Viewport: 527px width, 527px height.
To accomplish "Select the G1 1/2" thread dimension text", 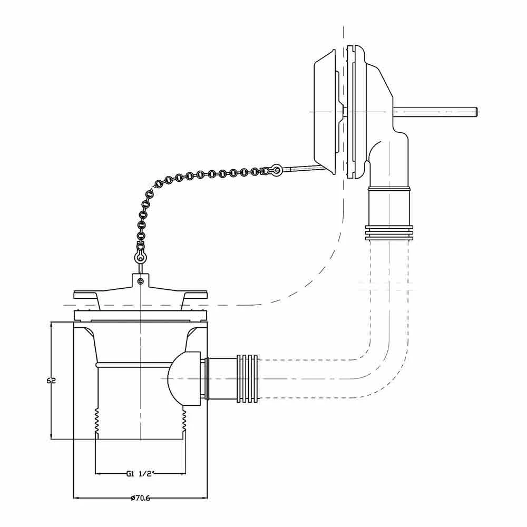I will tap(140, 473).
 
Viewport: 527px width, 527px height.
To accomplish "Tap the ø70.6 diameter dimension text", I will tap(140, 498).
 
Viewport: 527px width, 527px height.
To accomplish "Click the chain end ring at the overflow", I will tap(275, 170).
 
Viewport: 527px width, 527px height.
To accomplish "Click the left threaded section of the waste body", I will tap(96, 422).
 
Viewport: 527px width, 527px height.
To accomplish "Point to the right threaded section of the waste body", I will tap(184, 422).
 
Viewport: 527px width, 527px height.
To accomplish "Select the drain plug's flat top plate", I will tap(140, 294).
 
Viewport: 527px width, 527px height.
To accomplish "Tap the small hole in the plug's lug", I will tap(140, 282).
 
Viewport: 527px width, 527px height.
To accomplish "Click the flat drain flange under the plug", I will tap(140, 316).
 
